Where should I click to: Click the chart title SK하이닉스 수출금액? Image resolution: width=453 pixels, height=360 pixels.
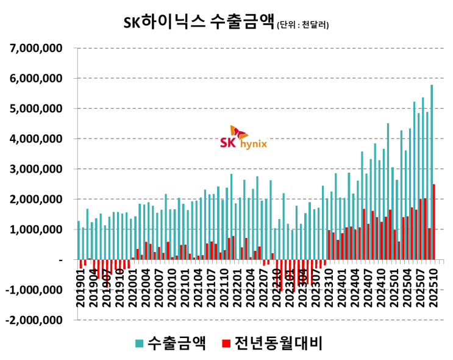point(199,23)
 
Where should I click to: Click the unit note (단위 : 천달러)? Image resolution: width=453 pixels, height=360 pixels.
point(303,26)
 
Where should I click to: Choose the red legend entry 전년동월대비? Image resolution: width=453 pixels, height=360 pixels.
point(271,344)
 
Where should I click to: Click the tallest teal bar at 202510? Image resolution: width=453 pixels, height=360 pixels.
point(431,171)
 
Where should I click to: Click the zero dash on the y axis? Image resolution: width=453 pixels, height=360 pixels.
point(60,260)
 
